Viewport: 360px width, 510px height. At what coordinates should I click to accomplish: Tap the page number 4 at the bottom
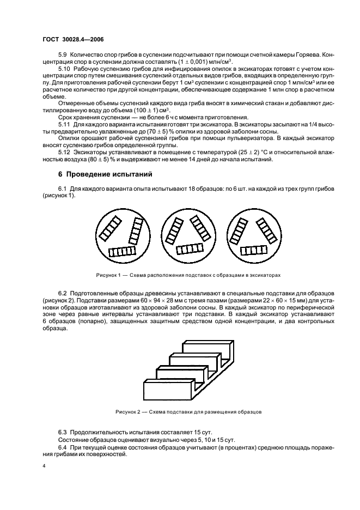click(x=44, y=467)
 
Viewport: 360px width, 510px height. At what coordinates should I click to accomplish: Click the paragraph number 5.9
click(x=64, y=55)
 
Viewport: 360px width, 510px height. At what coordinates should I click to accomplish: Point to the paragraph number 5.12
click(x=66, y=153)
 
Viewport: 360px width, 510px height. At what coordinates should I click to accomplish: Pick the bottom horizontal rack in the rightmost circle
click(x=251, y=251)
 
